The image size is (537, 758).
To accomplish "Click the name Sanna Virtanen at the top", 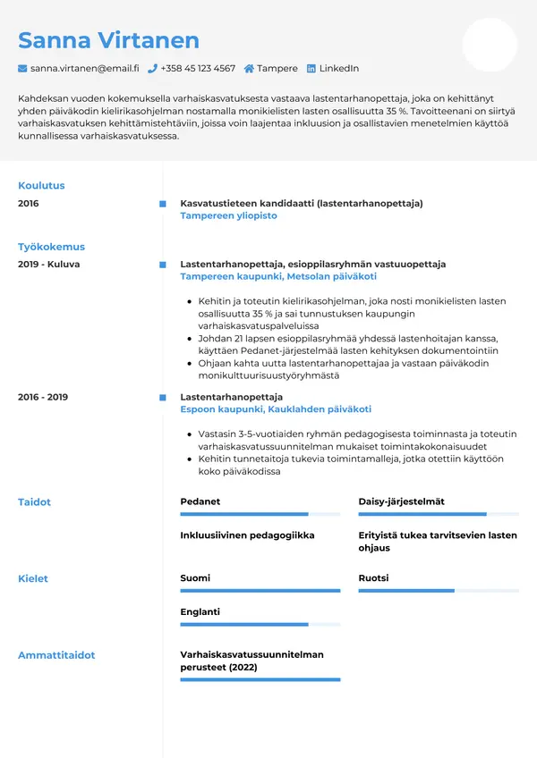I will (108, 40).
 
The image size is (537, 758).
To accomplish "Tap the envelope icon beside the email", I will (22, 68).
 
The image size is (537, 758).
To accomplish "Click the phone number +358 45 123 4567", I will (198, 68).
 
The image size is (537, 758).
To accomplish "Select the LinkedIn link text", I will (338, 68).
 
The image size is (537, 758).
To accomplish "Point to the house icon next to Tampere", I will (249, 68).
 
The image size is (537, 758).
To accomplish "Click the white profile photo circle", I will (490, 45).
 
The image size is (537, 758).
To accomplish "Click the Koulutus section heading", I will (41, 186).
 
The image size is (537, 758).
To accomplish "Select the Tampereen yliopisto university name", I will (228, 215).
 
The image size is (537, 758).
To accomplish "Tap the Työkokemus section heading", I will (51, 247).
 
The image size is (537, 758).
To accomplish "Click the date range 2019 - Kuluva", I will (48, 265).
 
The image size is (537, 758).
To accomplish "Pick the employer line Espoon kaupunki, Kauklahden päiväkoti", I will (276, 408).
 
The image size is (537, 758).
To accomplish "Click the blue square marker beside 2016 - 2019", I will (162, 397).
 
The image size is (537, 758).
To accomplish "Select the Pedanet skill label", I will (200, 501).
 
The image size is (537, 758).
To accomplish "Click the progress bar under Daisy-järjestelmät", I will (439, 514).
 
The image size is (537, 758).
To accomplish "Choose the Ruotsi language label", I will (373, 578).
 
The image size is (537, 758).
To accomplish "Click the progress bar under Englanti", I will (260, 624).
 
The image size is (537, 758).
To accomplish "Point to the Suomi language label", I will (195, 578).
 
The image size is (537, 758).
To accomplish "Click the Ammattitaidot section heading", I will (56, 655).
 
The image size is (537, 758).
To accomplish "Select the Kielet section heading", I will (33, 578).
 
